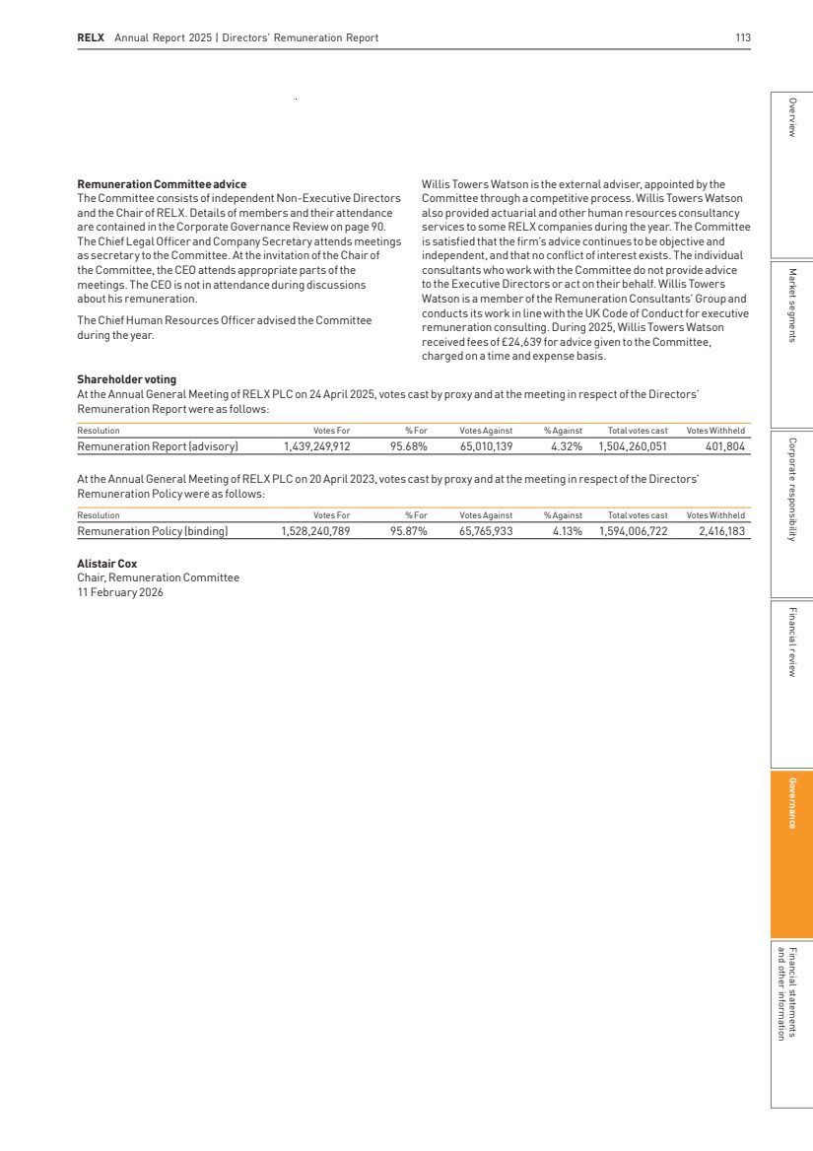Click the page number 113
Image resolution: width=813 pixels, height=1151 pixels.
743,38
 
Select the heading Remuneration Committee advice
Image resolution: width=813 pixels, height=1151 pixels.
162,184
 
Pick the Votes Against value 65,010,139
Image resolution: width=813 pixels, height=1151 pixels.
486,445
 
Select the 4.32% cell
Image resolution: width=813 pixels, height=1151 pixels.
566,445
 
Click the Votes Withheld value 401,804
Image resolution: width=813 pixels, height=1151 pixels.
722,445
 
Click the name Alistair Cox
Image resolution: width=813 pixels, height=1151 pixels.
106,565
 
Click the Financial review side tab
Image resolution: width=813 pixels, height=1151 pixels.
791,642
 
